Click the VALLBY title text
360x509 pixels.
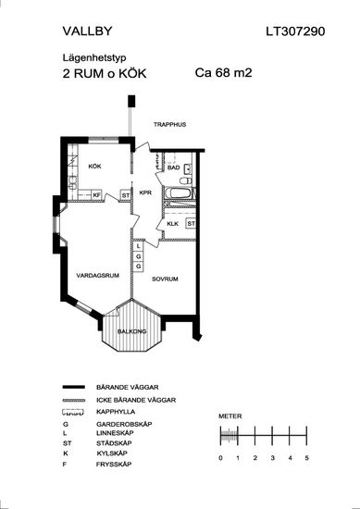pos(87,31)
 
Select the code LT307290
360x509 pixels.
pos(295,31)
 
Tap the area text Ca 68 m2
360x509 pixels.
pos(223,73)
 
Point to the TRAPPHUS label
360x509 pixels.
pos(169,124)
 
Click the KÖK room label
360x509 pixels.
pos(94,167)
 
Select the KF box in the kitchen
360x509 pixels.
pos(97,195)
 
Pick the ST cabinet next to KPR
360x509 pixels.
pos(126,196)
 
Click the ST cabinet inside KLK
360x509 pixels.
pos(191,224)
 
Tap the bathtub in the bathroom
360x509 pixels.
pos(179,192)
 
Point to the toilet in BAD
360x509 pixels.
pos(184,180)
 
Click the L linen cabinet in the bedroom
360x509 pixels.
pos(139,246)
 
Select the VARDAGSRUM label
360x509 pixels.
pos(98,276)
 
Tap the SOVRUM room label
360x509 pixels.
pos(165,279)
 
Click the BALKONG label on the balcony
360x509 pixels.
pos(131,331)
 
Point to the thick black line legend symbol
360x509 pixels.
pos(73,387)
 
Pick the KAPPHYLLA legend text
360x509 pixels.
pos(116,412)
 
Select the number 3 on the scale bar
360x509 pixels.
pos(272,458)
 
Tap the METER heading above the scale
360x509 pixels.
pos(230,416)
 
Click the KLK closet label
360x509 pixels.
pos(173,224)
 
